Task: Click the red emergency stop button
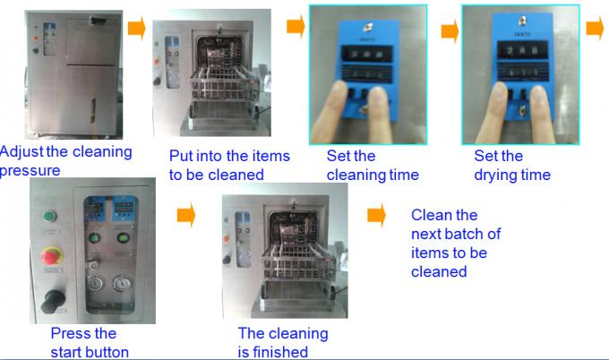tap(49, 254)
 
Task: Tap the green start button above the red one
tap(49, 215)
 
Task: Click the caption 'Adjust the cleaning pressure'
tap(66, 161)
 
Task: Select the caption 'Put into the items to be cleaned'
tap(229, 166)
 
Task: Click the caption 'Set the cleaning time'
tap(372, 166)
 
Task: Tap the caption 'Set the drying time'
tap(511, 166)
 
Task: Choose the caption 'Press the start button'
tap(90, 343)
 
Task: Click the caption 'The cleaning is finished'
tap(282, 343)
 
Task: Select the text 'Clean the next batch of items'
tap(456, 243)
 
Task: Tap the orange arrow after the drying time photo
tap(595, 29)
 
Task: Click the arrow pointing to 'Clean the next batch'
tap(377, 215)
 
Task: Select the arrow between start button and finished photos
tap(186, 215)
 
